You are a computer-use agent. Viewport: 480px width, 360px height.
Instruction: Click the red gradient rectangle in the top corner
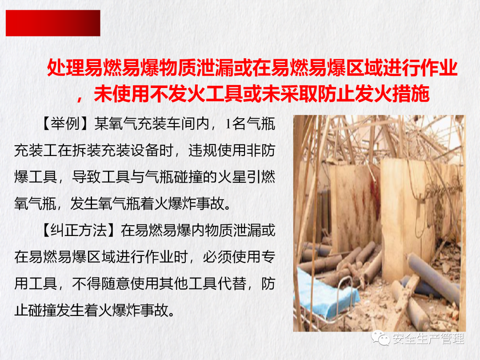[53, 23]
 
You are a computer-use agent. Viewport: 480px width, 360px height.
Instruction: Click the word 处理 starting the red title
[65, 68]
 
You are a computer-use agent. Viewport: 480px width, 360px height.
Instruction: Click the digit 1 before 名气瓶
[228, 124]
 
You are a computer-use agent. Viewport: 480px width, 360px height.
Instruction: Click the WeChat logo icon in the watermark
[380, 338]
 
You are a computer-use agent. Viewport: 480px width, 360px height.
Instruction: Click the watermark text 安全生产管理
[428, 339]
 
